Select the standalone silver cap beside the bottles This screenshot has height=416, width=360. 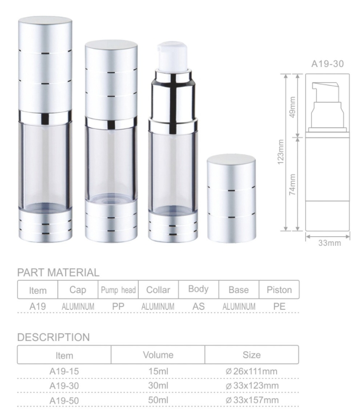(x=231, y=198)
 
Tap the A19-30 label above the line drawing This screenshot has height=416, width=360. (x=327, y=64)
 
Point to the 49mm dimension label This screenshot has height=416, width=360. (x=292, y=107)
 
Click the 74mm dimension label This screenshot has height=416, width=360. (x=292, y=185)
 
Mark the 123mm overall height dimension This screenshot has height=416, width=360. (x=281, y=152)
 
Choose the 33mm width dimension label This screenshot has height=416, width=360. (x=330, y=243)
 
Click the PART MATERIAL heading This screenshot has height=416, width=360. (x=58, y=273)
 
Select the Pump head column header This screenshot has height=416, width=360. (x=118, y=290)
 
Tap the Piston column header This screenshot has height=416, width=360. (x=279, y=290)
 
